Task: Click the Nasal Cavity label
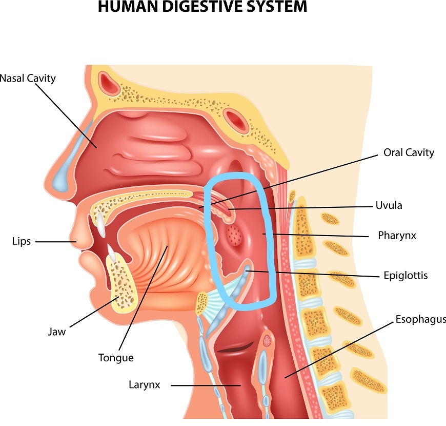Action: [x=28, y=79]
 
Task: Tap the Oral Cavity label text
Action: [x=409, y=152]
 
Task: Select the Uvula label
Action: [x=389, y=205]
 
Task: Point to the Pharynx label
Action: [x=396, y=236]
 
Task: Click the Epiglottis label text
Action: [x=406, y=276]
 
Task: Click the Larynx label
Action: [x=145, y=384]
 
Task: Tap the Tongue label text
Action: [x=116, y=358]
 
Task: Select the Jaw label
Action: [x=57, y=332]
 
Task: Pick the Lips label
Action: [x=21, y=241]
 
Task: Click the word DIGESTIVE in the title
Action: [x=202, y=7]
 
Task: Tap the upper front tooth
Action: [x=101, y=223]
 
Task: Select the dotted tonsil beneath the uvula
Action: [x=235, y=235]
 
